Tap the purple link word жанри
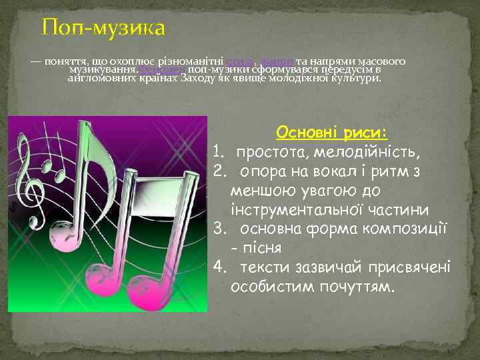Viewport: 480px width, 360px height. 272,61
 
